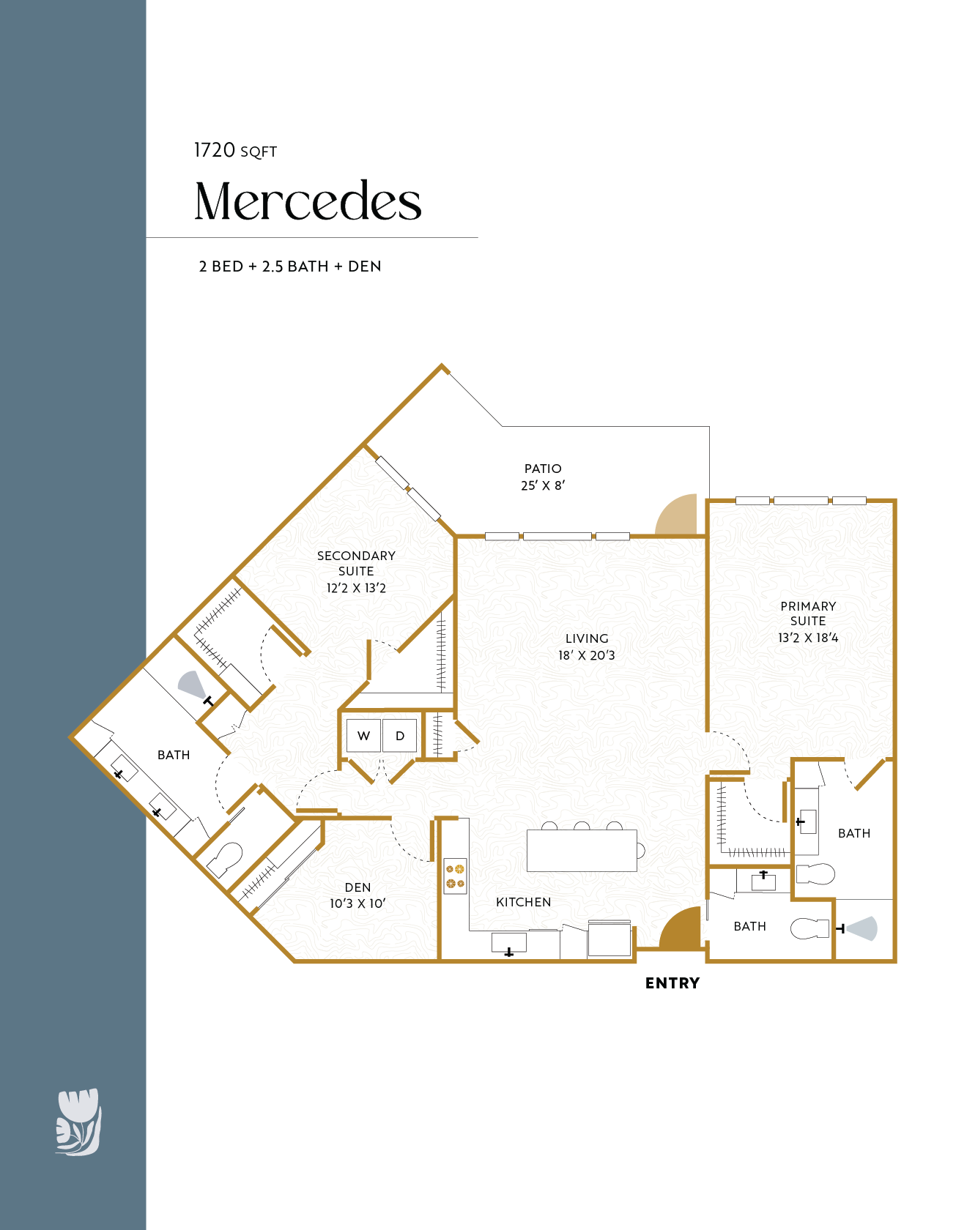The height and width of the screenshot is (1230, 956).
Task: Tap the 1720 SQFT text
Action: point(235,150)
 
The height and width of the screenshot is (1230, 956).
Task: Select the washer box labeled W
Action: point(363,736)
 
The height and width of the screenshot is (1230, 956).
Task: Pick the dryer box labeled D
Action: point(399,736)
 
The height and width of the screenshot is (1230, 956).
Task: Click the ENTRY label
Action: point(672,983)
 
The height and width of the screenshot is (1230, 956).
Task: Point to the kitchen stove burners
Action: point(455,876)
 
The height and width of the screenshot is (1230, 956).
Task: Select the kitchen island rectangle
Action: point(582,851)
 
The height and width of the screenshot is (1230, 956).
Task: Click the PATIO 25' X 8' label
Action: point(543,477)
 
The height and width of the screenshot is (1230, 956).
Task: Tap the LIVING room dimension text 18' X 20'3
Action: point(586,655)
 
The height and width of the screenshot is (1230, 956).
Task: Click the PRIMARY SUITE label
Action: point(808,614)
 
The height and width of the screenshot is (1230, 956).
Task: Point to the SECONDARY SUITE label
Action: point(356,563)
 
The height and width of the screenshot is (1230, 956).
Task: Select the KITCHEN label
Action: point(523,902)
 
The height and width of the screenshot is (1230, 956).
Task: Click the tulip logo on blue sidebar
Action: point(78,1122)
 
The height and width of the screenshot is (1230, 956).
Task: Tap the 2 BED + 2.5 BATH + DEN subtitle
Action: point(290,266)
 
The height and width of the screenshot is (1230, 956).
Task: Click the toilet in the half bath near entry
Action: point(809,929)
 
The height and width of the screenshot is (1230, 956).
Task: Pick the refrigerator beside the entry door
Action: point(609,939)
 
